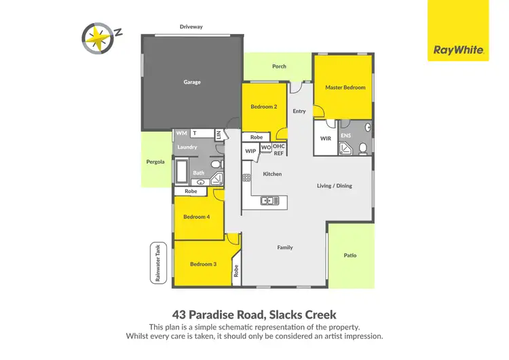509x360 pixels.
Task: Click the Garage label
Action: (192, 82)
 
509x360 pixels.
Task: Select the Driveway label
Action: (191, 27)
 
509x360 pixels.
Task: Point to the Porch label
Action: (279, 67)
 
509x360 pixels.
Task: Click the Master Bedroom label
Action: (345, 88)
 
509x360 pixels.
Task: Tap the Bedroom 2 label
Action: (264, 107)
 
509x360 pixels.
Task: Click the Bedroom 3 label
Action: (203, 264)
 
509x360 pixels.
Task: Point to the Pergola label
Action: (155, 162)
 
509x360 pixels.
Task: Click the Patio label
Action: (350, 255)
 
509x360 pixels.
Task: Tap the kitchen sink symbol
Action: (269, 200)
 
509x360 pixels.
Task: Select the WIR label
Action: (325, 139)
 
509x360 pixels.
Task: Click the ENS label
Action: (345, 134)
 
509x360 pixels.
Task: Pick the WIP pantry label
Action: (250, 151)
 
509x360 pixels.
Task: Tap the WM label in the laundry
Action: (181, 133)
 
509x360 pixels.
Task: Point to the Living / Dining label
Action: (335, 185)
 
